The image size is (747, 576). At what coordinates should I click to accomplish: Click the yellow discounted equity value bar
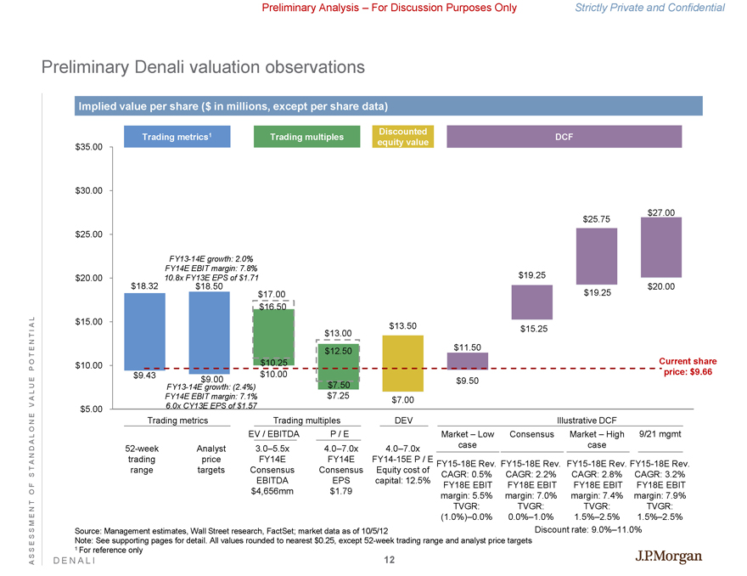point(404,365)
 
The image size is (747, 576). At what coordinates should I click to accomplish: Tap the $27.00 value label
point(660,212)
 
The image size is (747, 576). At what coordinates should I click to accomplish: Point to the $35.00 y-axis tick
point(87,147)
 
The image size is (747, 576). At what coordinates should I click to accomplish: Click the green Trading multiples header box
point(306,137)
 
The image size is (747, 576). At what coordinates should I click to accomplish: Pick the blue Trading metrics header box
point(177,136)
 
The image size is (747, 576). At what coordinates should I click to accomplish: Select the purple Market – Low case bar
point(467,361)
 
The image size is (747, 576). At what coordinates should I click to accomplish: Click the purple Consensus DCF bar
point(532,302)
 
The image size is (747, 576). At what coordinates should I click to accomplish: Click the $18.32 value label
point(146,286)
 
